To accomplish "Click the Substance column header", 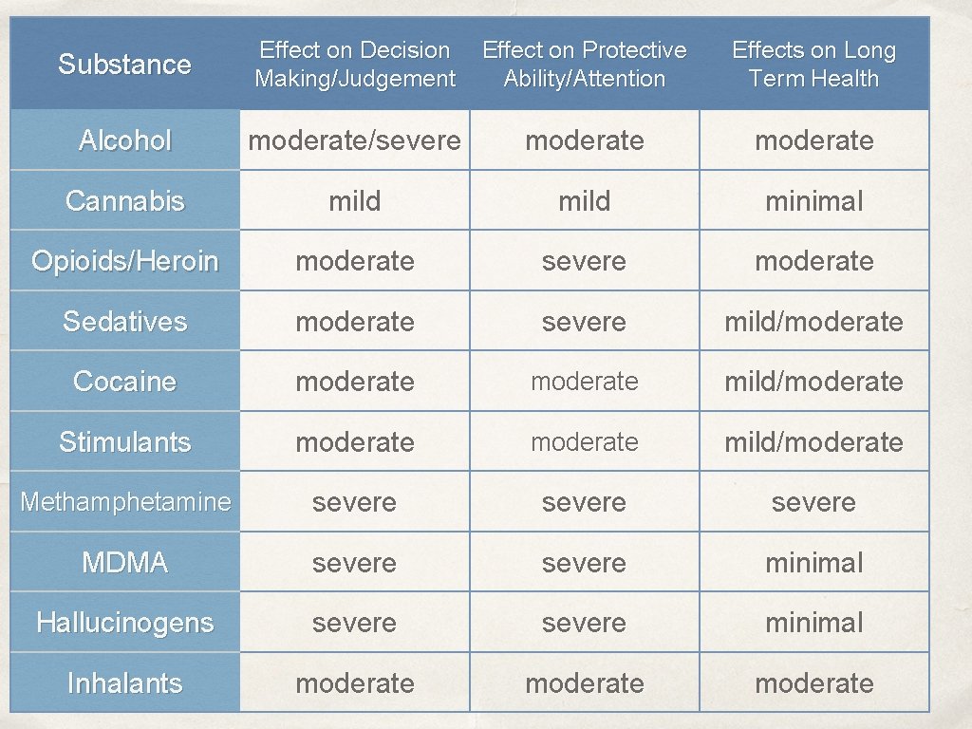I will pos(124,65).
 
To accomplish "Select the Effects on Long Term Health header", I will pos(813,65).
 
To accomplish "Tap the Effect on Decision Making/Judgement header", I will pos(354,65).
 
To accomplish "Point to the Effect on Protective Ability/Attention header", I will pos(584,65).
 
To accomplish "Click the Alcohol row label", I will pos(124,140).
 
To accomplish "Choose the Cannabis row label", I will pos(124,201).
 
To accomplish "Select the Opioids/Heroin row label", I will pos(124,261).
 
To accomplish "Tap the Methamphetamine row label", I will pos(124,502).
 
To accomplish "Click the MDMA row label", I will pos(124,563).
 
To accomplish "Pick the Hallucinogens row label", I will pos(124,623).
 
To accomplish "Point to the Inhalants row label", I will pos(124,683).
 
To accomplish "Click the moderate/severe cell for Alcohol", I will pos(354,140).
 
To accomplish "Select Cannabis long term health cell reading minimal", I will pos(813,201).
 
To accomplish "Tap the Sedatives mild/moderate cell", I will pos(813,322).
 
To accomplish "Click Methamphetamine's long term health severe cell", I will pos(813,502).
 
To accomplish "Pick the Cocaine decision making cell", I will pos(354,382).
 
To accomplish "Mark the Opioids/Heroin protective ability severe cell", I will pos(584,261).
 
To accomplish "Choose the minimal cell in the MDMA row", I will pos(813,563).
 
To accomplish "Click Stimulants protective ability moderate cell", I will pos(584,442).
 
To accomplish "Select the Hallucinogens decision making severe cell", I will pos(354,623).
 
